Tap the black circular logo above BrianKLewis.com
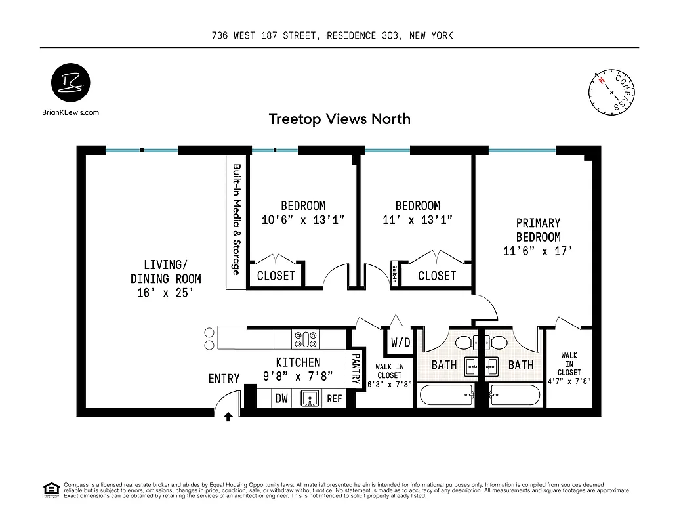coord(71,83)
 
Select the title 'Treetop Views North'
coord(339,119)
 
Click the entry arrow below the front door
coord(228,416)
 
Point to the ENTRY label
coord(224,379)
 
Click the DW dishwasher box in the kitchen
coord(281,398)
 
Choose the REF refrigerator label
coord(335,398)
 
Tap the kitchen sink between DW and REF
coord(308,398)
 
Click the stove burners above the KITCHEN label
coord(306,339)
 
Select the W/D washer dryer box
coord(400,342)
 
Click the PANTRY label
coord(356,369)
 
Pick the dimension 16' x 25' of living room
coord(165,293)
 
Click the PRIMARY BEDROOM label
coord(538,230)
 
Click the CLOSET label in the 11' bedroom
coord(436,276)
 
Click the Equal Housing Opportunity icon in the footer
coord(50,490)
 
